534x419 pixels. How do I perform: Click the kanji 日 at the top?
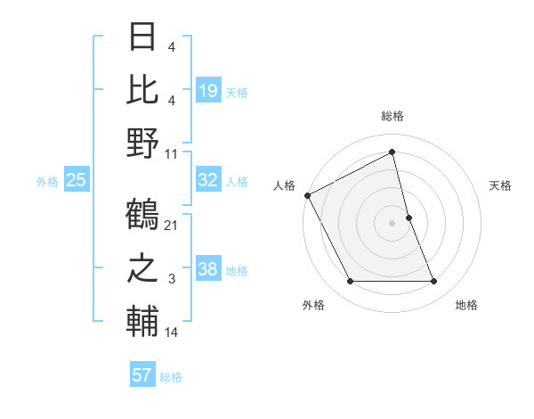click(x=142, y=37)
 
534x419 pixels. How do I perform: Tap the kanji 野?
click(x=142, y=144)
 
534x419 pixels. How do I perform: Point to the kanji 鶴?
click(x=142, y=215)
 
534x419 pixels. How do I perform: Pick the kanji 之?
click(x=142, y=270)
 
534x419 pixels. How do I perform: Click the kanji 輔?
click(x=142, y=324)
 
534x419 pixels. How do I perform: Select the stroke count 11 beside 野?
click(x=172, y=153)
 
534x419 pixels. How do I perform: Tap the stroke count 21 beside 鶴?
click(x=172, y=225)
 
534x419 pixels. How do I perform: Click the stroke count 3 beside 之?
click(x=172, y=280)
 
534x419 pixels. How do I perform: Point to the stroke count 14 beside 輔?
click(x=172, y=333)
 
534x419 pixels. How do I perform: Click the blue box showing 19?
click(x=208, y=90)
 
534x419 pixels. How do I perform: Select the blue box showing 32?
click(x=208, y=180)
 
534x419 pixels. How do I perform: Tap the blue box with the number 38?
click(x=208, y=269)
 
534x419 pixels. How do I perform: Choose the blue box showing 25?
click(x=76, y=180)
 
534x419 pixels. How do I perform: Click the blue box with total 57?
click(x=142, y=375)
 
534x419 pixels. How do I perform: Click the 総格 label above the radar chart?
click(x=392, y=117)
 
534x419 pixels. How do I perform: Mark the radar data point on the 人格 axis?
click(x=307, y=194)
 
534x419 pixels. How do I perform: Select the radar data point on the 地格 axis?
click(x=434, y=282)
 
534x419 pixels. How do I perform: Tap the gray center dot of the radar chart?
click(x=392, y=223)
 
